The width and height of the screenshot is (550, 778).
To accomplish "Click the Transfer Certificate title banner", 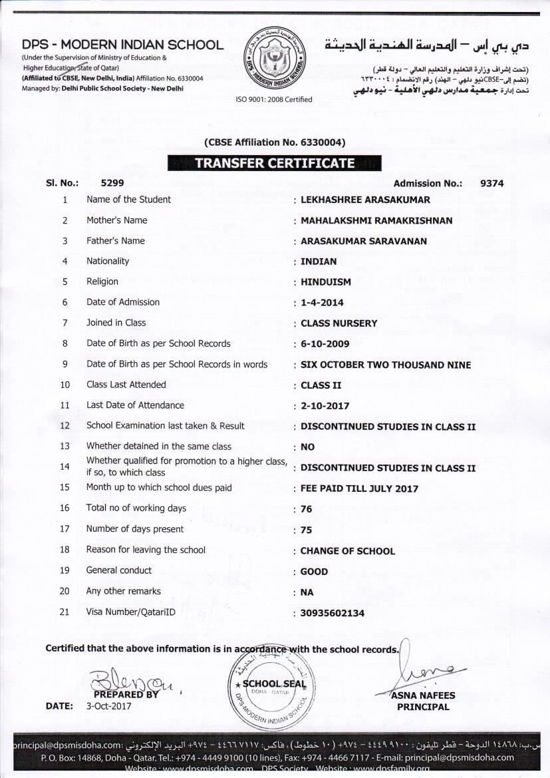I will [274, 164].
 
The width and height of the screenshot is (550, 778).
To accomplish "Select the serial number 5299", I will [112, 182].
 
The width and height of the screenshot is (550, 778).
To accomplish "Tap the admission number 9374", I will [491, 183].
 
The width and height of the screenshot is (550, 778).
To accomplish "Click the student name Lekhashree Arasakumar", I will [365, 200].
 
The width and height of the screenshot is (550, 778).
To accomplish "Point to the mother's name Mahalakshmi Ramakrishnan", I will [376, 220].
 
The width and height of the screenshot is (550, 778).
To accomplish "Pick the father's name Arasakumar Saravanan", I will [364, 241].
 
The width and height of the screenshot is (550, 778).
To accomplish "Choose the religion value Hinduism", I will [326, 282].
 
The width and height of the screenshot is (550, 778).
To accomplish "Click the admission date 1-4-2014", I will [322, 303].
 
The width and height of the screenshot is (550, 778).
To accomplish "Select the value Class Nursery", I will [339, 323].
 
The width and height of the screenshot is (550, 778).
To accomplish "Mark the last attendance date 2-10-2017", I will [325, 406].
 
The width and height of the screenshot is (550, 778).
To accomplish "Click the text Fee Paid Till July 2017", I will [359, 488].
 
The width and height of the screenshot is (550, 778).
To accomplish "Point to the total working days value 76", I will [307, 509].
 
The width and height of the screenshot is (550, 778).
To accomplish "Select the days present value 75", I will [307, 530].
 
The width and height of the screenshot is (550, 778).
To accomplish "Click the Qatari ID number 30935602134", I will [333, 613].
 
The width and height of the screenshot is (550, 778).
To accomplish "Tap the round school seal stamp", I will [269, 685].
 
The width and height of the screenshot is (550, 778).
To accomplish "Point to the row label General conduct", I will [119, 570].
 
